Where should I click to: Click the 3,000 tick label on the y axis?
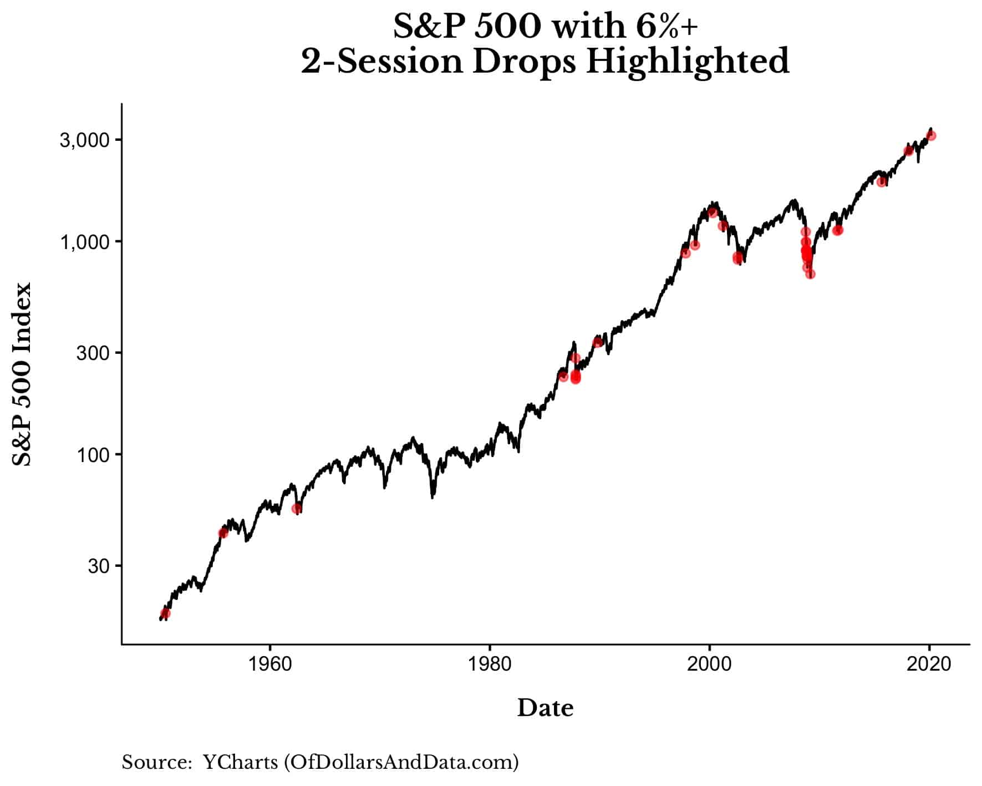[84, 140]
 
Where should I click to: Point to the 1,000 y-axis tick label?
[84, 242]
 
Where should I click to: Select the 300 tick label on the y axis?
[93, 353]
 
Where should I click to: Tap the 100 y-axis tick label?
[93, 455]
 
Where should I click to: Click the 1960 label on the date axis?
[269, 664]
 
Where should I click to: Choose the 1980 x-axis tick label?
[490, 664]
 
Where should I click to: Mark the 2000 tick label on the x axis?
[709, 664]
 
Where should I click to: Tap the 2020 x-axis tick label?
[929, 664]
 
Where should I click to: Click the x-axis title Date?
[546, 708]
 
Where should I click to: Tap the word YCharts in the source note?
[240, 762]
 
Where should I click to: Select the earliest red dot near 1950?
[165, 613]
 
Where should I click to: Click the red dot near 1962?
[297, 508]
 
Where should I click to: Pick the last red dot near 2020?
[932, 135]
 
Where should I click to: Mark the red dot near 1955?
[223, 533]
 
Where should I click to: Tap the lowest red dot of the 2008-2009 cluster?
[811, 274]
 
